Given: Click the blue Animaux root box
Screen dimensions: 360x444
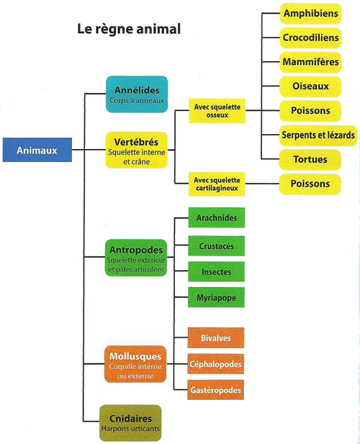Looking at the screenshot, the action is click(37, 150).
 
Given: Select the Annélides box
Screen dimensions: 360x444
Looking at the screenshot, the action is click(137, 94).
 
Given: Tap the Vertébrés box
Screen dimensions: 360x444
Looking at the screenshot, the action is click(137, 150).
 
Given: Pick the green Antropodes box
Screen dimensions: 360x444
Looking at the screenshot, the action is click(136, 258).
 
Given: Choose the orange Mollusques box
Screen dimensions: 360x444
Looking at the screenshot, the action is click(135, 364).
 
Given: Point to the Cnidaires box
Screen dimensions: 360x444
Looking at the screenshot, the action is click(130, 423).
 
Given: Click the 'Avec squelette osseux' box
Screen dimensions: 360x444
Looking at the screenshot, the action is click(217, 111).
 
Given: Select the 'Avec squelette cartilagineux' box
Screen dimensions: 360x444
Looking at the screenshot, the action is click(217, 184).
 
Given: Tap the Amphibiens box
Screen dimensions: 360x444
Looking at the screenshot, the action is click(311, 14).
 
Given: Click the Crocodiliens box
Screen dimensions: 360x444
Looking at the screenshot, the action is click(311, 38).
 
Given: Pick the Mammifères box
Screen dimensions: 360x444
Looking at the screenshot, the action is click(310, 62).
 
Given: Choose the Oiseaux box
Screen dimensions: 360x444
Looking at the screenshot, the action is click(310, 86).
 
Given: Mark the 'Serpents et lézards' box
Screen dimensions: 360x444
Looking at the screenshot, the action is click(318, 136).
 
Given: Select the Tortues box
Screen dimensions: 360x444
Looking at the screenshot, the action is click(310, 160).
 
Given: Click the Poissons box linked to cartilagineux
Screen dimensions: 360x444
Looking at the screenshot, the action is click(310, 184).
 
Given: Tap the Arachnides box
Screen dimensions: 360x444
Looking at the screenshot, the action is click(217, 218).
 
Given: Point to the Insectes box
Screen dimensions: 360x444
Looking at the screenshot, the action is click(216, 272).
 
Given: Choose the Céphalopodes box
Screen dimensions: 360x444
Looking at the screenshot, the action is click(216, 364).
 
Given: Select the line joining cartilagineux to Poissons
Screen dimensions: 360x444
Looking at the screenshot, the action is click(262, 184).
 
